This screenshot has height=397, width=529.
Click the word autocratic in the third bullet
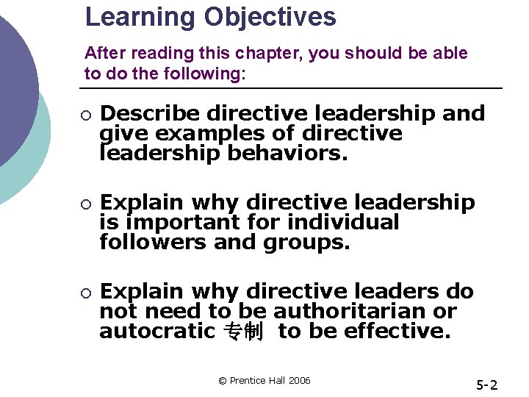pos(156,331)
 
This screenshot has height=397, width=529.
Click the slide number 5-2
pos(486,384)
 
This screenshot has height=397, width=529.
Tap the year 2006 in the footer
pos(299,380)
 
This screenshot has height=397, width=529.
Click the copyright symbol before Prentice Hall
pos(223,380)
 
